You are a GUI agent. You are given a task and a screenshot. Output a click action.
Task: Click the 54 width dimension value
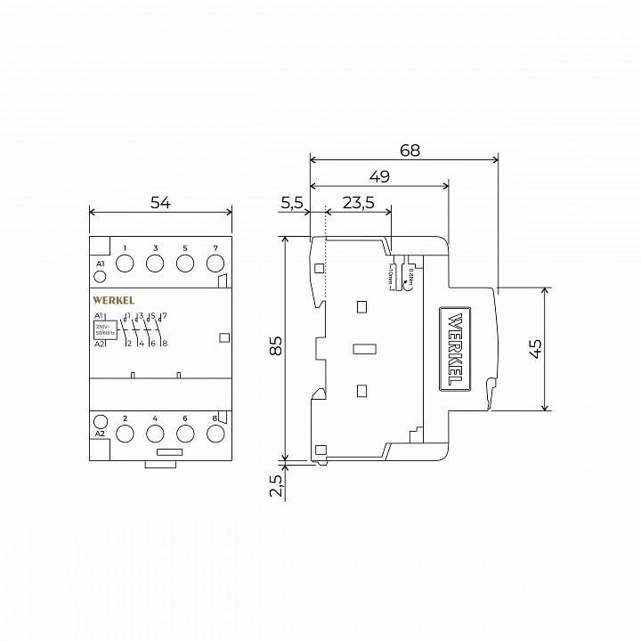click(160, 202)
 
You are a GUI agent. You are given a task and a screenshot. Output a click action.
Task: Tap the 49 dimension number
click(379, 176)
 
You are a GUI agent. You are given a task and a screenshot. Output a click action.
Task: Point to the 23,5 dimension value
click(358, 202)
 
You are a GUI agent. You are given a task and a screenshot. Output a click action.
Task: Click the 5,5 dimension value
click(292, 202)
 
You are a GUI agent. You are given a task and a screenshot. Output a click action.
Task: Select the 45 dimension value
click(535, 348)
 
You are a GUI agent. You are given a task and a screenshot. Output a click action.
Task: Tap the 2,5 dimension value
click(275, 485)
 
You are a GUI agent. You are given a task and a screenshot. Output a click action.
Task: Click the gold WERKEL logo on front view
click(113, 301)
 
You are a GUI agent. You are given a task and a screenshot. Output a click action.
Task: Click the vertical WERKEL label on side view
click(454, 348)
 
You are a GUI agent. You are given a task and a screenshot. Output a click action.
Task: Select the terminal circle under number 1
click(126, 264)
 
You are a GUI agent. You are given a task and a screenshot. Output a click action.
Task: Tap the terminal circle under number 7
click(215, 264)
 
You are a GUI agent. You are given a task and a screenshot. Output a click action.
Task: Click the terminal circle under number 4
click(155, 434)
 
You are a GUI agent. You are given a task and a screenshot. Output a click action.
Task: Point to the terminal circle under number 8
click(215, 434)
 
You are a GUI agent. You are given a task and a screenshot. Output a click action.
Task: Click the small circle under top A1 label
click(100, 277)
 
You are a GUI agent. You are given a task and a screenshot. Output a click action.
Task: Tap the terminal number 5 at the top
click(184, 247)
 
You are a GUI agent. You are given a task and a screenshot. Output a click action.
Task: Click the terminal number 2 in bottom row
click(126, 418)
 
